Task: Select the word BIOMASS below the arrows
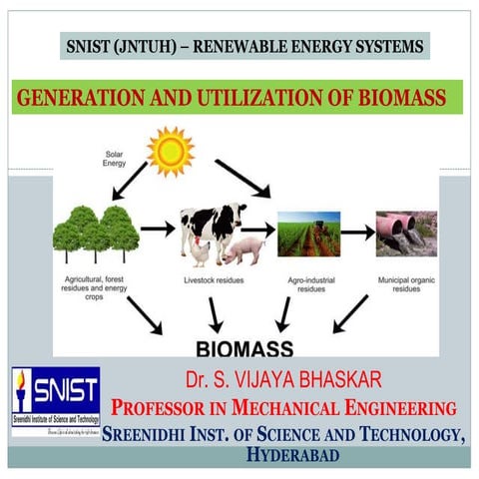click(243, 349)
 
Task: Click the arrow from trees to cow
click(158, 229)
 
